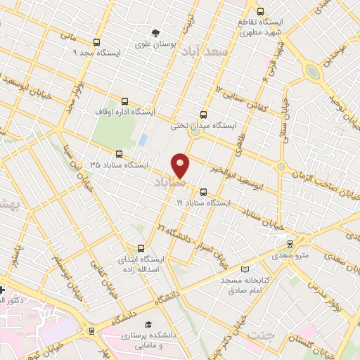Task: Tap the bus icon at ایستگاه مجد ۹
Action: (96, 41)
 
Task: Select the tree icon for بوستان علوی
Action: (155, 32)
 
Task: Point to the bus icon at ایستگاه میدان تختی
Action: (204, 115)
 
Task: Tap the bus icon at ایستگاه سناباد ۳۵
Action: (117, 155)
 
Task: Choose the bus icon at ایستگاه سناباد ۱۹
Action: (204, 191)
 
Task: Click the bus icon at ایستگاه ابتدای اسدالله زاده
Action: (141, 248)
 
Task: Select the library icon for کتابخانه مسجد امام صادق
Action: (244, 269)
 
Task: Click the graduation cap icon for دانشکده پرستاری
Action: (148, 325)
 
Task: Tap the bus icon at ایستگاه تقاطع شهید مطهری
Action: (261, 12)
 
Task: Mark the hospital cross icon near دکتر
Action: (3, 289)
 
